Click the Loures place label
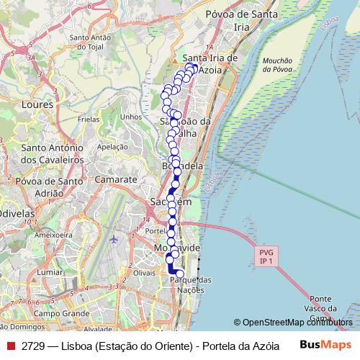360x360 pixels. click(x=38, y=104)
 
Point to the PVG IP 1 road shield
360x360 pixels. click(x=265, y=256)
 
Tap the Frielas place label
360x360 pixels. click(x=89, y=120)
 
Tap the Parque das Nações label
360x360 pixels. click(x=190, y=284)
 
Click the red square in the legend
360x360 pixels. click(x=10, y=345)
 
